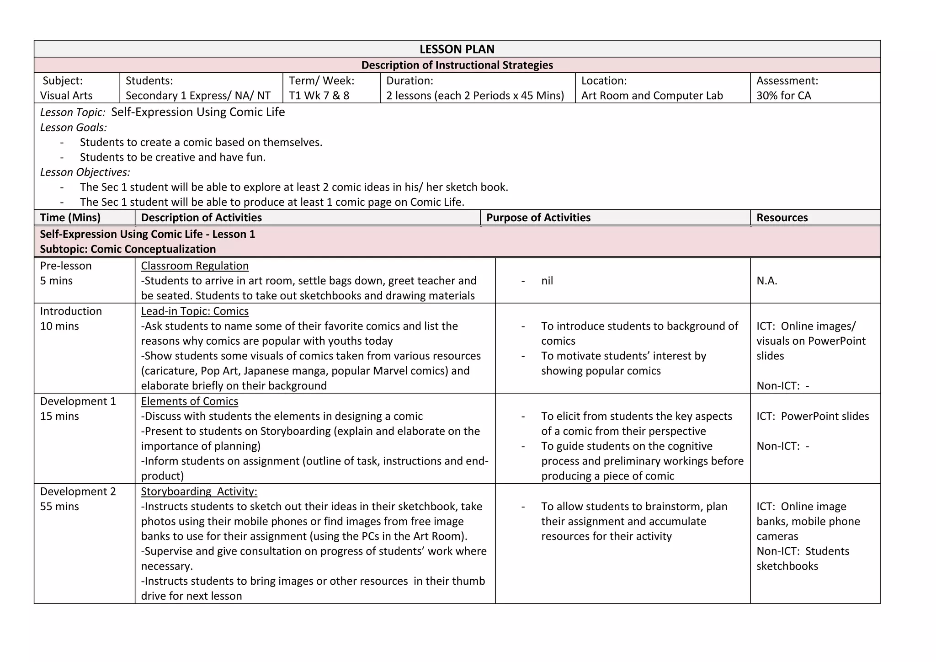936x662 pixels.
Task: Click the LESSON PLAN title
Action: (457, 49)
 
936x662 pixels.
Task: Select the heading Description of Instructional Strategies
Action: (457, 65)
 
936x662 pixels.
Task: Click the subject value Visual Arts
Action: (66, 96)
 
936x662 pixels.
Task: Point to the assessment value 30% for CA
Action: (783, 96)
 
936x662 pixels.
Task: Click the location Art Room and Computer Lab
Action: (652, 96)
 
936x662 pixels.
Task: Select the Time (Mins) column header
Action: (70, 218)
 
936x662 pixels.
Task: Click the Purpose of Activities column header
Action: (538, 218)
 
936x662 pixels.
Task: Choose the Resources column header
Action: (782, 218)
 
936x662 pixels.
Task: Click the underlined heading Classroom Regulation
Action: (195, 266)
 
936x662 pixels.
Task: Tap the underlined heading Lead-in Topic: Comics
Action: (195, 311)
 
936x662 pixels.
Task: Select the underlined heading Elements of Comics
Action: (189, 401)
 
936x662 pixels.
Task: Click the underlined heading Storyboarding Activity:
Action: (199, 491)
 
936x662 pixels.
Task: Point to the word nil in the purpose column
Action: (547, 281)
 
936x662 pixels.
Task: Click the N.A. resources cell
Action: (766, 281)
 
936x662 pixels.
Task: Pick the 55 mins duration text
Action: (59, 507)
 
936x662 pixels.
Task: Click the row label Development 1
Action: (78, 401)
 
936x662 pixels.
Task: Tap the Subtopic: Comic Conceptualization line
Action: (128, 249)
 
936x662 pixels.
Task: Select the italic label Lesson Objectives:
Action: (85, 172)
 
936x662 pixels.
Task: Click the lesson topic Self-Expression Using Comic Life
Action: (198, 112)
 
